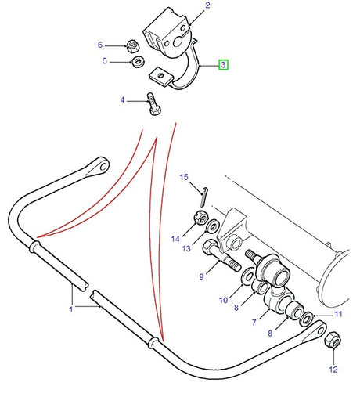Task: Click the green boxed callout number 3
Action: tap(223, 65)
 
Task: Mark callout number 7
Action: tap(253, 322)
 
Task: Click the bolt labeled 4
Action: tap(152, 103)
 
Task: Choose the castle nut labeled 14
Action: tap(200, 219)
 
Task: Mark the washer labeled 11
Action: tap(311, 319)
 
